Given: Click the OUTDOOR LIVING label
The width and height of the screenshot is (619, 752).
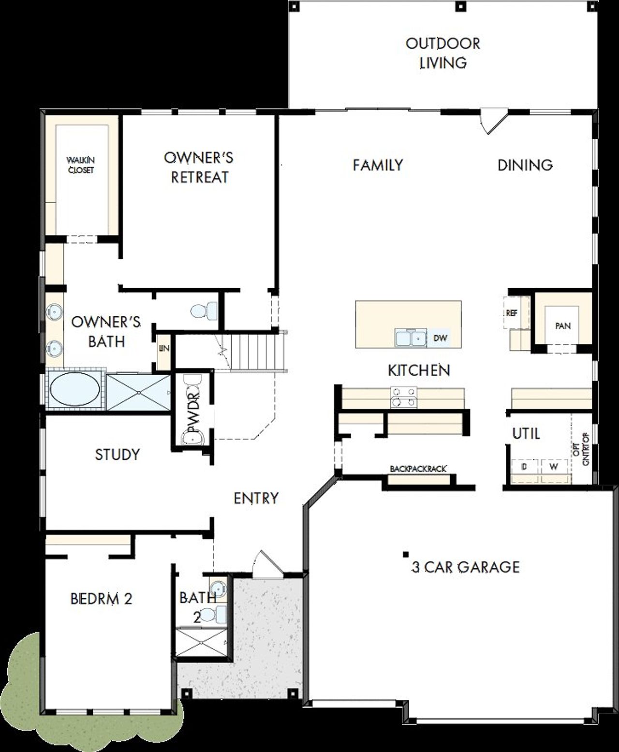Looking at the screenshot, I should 442,53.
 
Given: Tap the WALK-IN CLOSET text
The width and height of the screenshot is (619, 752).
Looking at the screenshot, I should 81,165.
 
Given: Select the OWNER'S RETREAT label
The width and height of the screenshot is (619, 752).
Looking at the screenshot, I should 199,167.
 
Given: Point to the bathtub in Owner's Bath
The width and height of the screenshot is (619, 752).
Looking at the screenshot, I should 75,390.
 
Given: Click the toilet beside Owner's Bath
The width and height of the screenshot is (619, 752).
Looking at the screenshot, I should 199,310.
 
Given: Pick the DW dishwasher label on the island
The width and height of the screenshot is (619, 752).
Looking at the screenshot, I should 440,338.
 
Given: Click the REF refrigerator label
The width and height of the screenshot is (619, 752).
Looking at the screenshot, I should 511,313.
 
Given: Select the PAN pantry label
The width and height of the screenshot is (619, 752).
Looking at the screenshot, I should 562,325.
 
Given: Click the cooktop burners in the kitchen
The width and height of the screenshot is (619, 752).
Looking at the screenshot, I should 403,396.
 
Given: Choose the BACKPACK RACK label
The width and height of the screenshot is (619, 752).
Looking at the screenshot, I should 418,469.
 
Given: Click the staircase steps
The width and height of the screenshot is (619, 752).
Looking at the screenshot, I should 251,352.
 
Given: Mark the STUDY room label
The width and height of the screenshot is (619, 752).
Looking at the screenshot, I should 118,455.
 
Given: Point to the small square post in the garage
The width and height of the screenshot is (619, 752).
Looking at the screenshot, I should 406,554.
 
